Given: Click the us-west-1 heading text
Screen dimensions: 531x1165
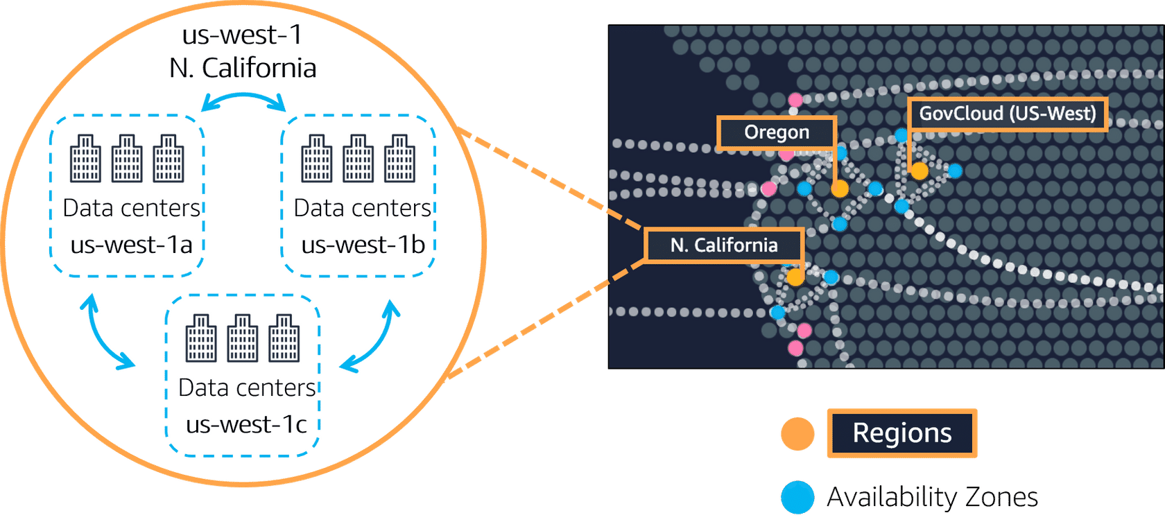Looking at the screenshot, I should [x=242, y=35].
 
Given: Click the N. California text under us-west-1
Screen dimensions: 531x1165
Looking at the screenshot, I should [x=243, y=68].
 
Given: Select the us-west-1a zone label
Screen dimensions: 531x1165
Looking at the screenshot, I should [x=131, y=245].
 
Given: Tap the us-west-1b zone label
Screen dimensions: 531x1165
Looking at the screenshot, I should [x=363, y=245].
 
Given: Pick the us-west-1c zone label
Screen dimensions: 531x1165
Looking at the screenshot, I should [x=246, y=424].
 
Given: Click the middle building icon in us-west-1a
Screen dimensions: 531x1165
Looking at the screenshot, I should [x=127, y=159].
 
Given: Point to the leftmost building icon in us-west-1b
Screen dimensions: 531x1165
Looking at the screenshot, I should [x=317, y=159].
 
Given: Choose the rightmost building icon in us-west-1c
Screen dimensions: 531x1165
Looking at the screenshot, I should [x=284, y=338].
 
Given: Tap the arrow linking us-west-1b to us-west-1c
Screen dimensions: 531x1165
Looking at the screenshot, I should [x=373, y=338].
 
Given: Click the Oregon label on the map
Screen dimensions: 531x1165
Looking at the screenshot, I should [x=777, y=132].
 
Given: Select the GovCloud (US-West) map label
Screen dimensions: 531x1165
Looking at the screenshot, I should [x=1007, y=114].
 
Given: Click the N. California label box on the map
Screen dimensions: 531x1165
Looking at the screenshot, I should [x=724, y=245].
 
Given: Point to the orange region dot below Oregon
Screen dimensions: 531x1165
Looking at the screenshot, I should [x=840, y=188].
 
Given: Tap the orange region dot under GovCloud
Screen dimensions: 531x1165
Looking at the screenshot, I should [x=920, y=171].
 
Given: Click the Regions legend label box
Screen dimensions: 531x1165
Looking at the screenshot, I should [x=901, y=433].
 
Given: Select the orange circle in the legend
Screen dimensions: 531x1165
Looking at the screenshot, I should [x=797, y=434].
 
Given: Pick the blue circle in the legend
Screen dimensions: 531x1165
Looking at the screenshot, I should [x=797, y=497].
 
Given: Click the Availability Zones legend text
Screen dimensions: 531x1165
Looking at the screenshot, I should [x=932, y=497].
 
